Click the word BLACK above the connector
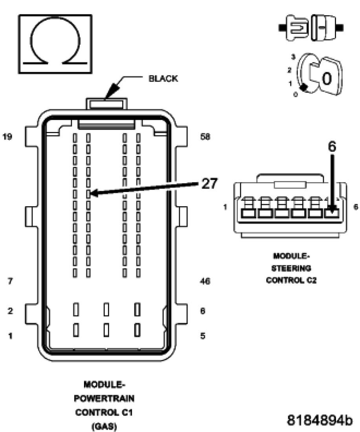(x=163, y=79)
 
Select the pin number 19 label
(x=7, y=137)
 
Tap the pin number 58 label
(x=205, y=137)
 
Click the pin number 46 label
(x=205, y=282)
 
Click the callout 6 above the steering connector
(x=332, y=147)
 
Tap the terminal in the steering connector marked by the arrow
(x=332, y=213)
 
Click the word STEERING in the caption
(x=291, y=268)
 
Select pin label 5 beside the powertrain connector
(x=203, y=336)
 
